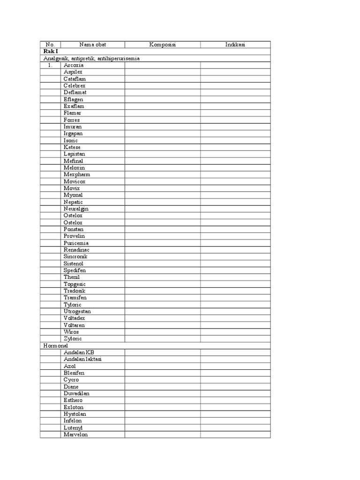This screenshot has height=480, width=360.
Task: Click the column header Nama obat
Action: point(93,45)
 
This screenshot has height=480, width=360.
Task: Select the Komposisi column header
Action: point(162,45)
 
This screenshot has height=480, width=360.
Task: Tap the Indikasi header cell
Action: point(235,45)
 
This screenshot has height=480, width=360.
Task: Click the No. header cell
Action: point(50,45)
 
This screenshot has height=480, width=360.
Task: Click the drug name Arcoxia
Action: point(74,65)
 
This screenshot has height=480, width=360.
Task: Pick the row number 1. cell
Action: point(50,65)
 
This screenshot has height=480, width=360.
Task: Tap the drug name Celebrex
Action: point(75,86)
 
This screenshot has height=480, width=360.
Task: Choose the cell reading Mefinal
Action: point(73,161)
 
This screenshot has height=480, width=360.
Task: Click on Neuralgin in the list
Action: point(76,209)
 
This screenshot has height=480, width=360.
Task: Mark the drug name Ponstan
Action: point(74,229)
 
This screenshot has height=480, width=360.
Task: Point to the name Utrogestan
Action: point(77,311)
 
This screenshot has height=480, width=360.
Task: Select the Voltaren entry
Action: point(74,325)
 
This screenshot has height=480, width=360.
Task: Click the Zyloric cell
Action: point(73,338)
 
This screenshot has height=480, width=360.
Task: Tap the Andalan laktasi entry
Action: point(83,359)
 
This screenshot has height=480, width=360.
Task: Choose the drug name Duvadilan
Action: point(76,393)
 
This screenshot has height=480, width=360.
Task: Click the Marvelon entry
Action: point(75,435)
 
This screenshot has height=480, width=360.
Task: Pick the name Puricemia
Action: point(76,243)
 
